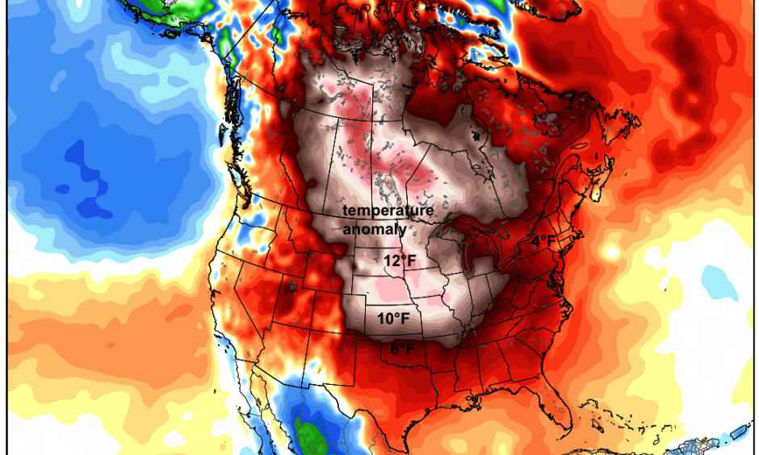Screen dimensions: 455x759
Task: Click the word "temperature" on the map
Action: point(388,211)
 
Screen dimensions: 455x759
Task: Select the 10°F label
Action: point(393,319)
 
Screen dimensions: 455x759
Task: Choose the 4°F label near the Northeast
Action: point(543,240)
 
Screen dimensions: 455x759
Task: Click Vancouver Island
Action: point(230,161)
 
